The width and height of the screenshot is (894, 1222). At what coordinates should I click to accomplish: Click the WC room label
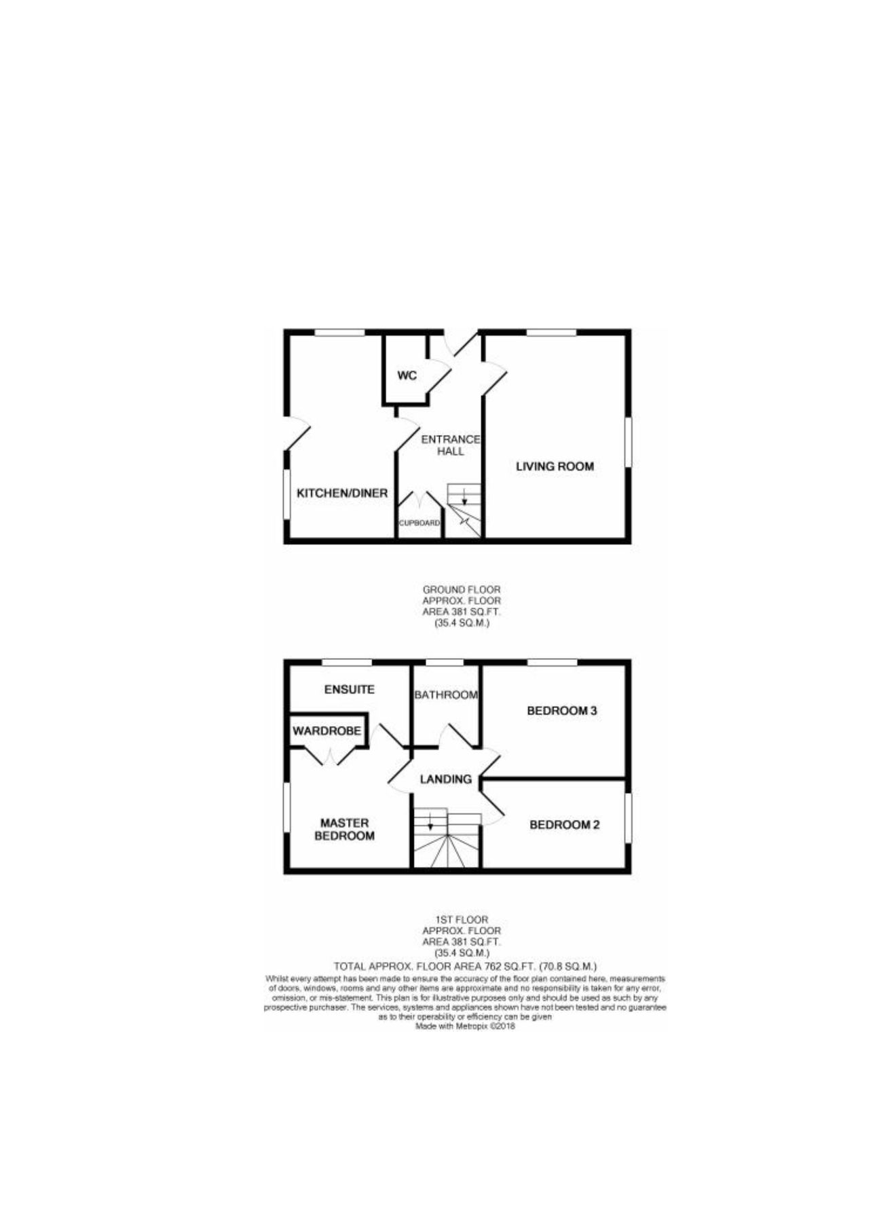(x=407, y=375)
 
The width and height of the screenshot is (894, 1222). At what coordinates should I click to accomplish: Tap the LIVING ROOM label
(x=555, y=466)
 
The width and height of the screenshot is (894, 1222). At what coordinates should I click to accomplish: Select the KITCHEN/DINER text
(x=342, y=493)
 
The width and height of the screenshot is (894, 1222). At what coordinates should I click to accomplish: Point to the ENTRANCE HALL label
(x=451, y=445)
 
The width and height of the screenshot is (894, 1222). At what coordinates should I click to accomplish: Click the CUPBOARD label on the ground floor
(x=420, y=523)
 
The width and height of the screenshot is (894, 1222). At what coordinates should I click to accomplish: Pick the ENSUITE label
(x=349, y=689)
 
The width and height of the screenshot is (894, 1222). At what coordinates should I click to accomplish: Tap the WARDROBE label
(x=327, y=730)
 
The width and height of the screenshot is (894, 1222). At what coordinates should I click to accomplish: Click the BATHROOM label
(x=446, y=695)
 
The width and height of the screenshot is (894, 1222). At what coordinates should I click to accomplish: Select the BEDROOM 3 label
(x=562, y=711)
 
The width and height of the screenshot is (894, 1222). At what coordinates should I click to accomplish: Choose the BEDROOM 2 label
(x=564, y=825)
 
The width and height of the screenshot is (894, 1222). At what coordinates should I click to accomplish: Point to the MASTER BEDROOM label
(x=344, y=829)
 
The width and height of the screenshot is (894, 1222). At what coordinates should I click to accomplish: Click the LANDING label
(x=445, y=779)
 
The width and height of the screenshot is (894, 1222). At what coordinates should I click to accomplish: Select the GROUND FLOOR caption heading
(x=462, y=590)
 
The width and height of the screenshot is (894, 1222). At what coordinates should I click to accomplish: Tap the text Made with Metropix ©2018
(x=465, y=1027)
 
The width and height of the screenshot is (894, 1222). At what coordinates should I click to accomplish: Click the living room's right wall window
(x=628, y=442)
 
